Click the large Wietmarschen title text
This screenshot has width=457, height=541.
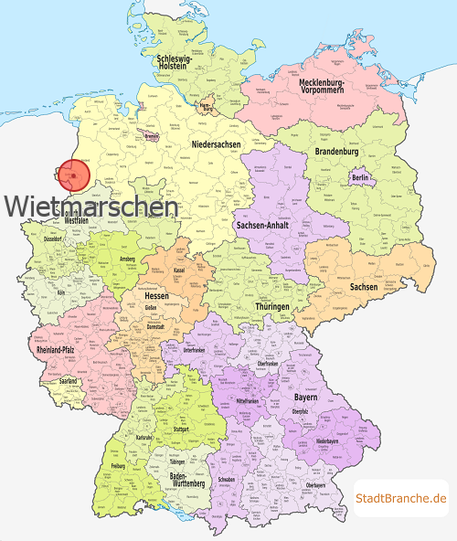tap(91, 207)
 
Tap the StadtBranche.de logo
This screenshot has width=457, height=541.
tap(400, 498)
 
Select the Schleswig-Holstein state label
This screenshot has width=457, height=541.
tap(174, 63)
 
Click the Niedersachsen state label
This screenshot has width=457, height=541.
tap(217, 145)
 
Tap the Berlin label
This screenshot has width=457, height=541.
tap(360, 177)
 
